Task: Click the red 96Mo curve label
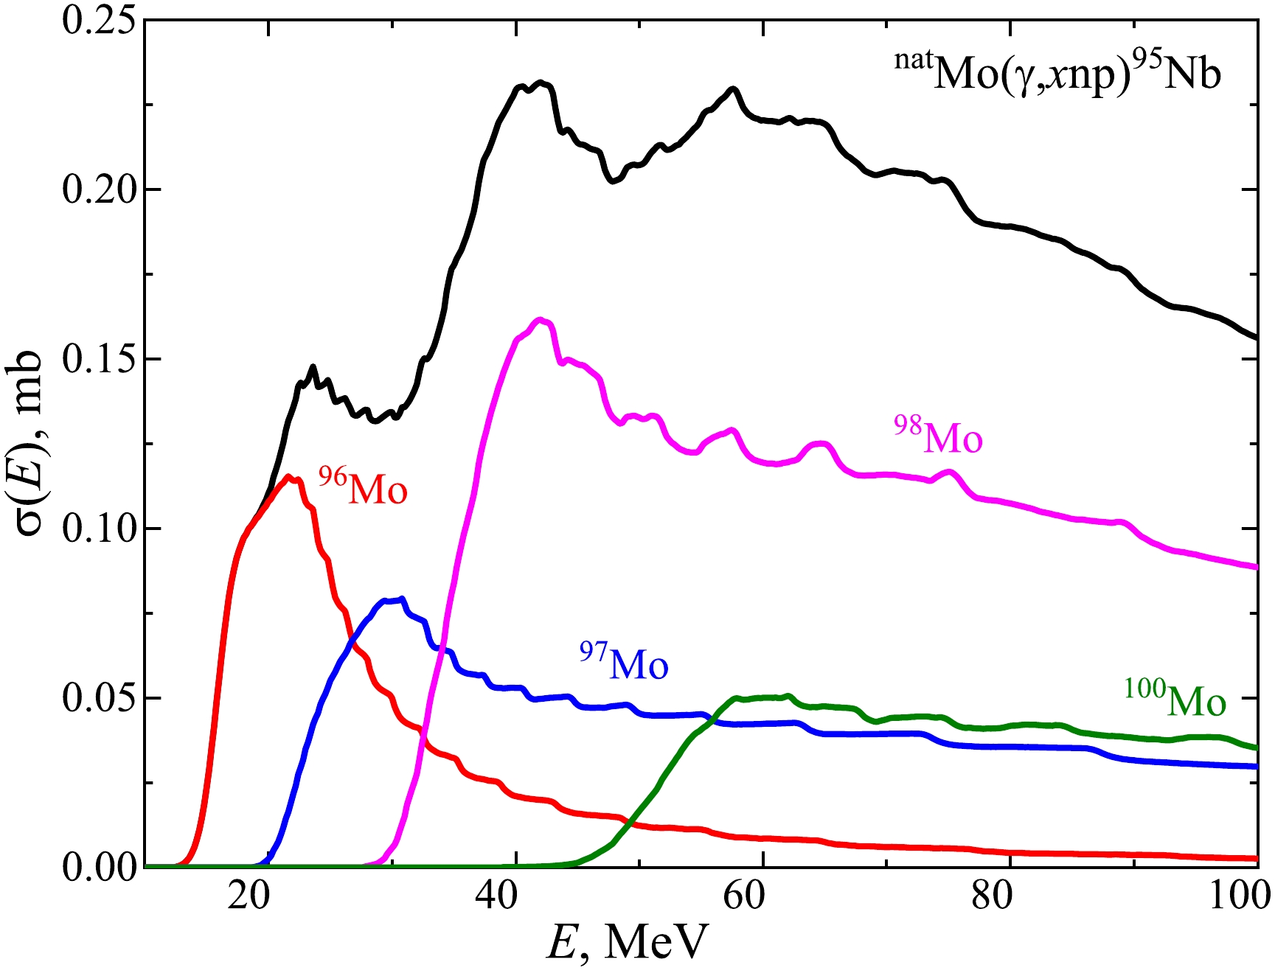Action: tap(364, 487)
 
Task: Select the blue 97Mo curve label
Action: tap(624, 662)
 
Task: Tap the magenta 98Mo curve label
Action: tap(939, 436)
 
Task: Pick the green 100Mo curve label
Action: tap(1175, 699)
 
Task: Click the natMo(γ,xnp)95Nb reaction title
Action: tap(1057, 72)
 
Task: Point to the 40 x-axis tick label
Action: tap(496, 896)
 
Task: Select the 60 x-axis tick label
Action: tap(743, 896)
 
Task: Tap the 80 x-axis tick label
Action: tap(990, 896)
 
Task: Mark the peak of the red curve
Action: tap(288, 476)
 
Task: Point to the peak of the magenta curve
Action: tap(541, 319)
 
